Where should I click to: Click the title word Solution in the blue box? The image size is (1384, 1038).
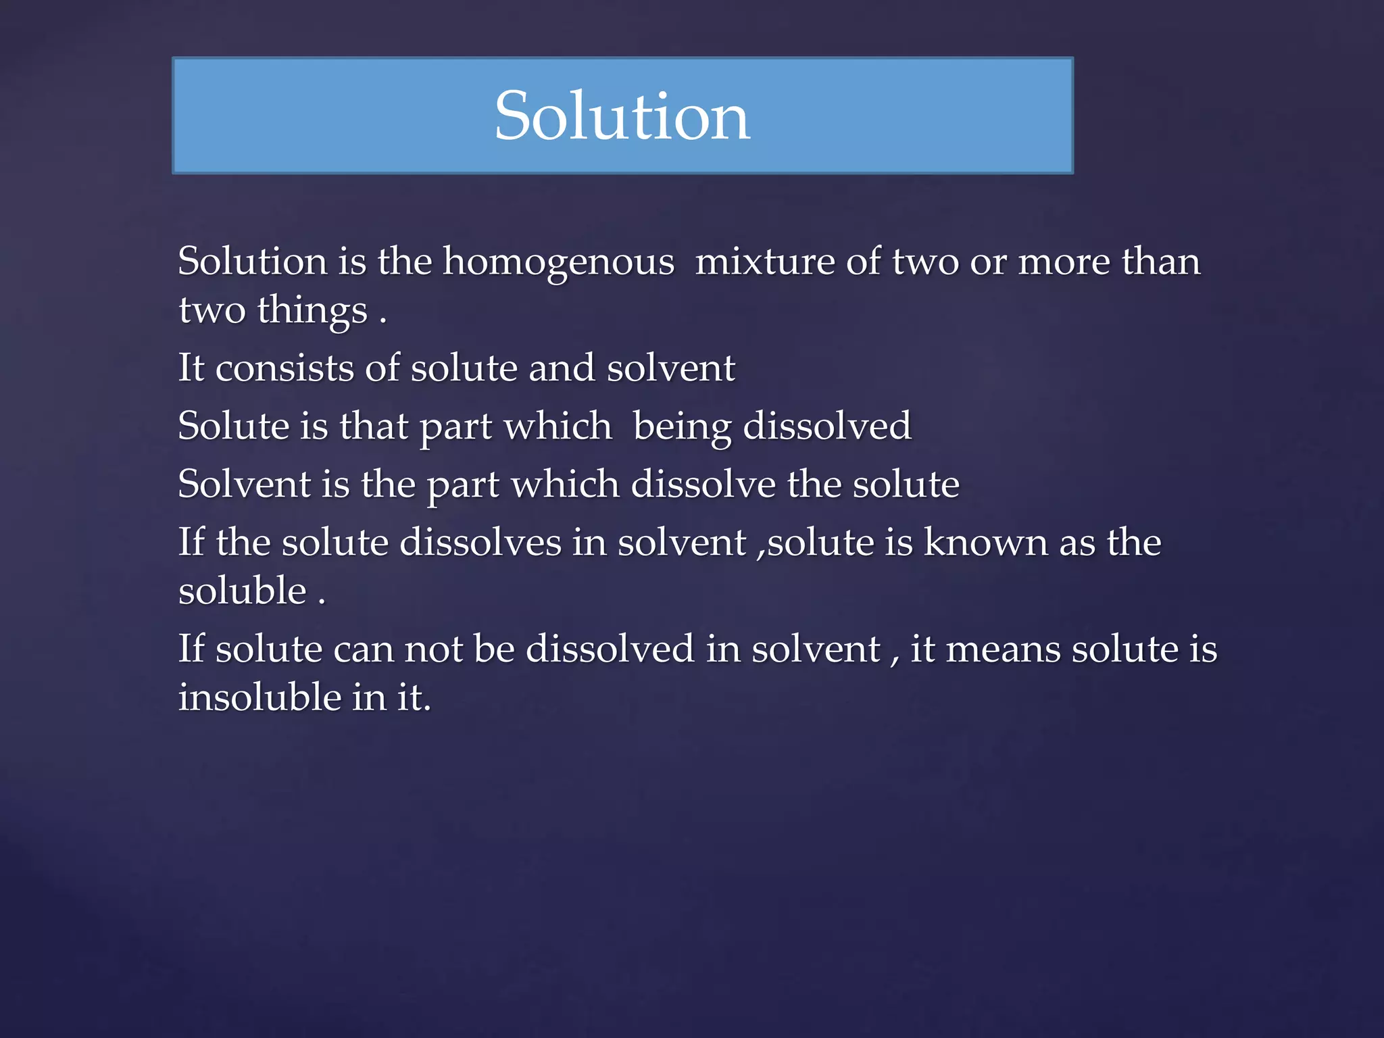coord(622,116)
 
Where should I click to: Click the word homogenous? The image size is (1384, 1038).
coord(558,262)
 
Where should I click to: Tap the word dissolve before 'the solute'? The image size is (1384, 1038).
coord(703,484)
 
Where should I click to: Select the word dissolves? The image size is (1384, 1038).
coord(480,542)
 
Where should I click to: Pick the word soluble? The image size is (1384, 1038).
coord(243,591)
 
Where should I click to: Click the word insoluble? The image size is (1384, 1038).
coord(259,697)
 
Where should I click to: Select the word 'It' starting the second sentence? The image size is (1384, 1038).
coord(191,368)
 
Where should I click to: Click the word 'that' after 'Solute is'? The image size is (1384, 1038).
coord(373,426)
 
